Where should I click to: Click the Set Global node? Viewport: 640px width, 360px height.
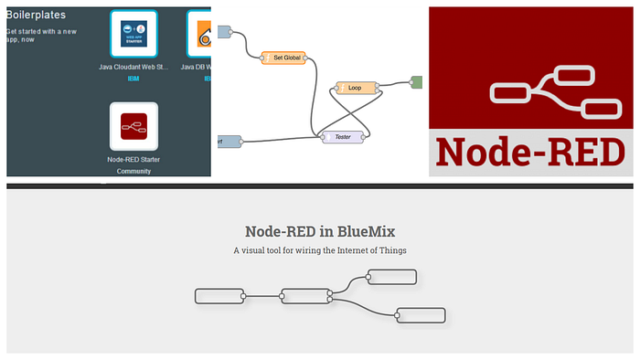283,58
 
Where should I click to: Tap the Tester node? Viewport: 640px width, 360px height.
343,137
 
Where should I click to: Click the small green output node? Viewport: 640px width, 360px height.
415,82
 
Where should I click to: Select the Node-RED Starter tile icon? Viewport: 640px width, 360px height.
133,126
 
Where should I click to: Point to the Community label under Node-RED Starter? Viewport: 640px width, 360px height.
133,171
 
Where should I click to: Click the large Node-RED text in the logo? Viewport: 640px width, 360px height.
531,152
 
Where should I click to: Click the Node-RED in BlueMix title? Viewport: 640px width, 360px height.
320,232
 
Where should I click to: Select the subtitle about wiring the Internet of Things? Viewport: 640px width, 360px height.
320,250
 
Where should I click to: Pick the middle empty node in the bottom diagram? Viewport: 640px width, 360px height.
305,296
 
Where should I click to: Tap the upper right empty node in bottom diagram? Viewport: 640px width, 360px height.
391,277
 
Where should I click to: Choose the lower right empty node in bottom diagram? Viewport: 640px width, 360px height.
420,315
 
